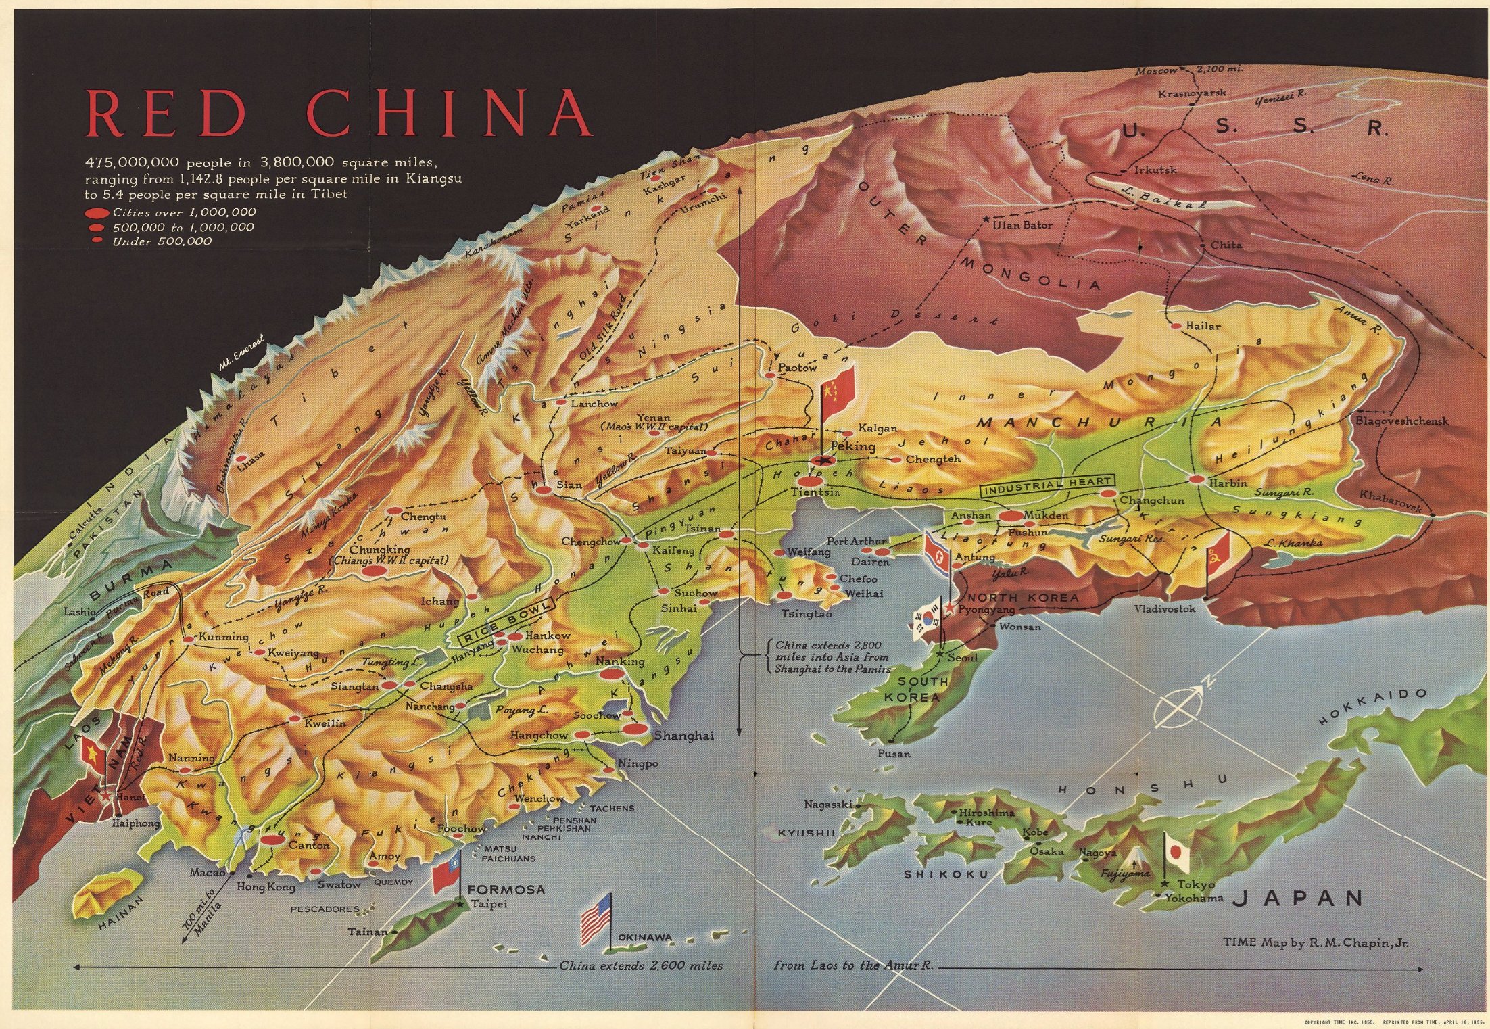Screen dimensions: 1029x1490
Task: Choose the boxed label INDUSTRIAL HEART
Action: tap(1047, 484)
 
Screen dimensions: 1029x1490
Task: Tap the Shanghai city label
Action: tap(683, 736)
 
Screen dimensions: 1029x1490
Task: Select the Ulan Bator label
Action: tap(1022, 224)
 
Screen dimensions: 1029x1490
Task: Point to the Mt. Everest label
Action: tap(241, 354)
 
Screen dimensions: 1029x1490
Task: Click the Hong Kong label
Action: tap(266, 886)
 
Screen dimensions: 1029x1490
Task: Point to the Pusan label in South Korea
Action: tap(894, 753)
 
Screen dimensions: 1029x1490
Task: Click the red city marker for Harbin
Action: tap(1197, 479)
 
